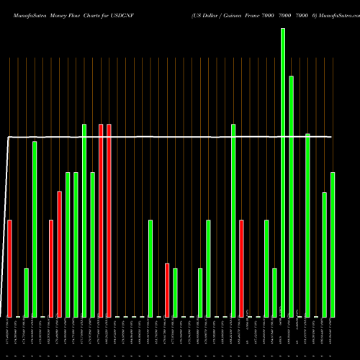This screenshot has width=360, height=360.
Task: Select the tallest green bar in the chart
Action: point(283,173)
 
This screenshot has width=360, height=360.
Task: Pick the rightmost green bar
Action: point(333,245)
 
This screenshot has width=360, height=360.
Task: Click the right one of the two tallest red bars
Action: point(109,220)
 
